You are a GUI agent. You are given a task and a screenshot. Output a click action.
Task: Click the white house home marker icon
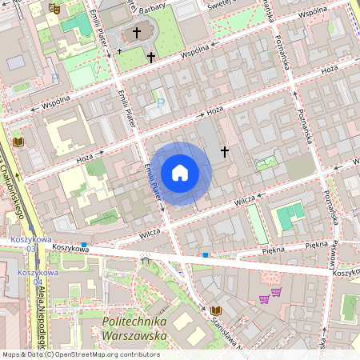pos(180,173)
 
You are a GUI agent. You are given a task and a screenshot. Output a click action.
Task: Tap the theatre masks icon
pos(54,7)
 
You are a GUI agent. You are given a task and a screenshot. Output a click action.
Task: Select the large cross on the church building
pos(137,33)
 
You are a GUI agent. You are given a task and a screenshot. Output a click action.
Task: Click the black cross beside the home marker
pos(225,150)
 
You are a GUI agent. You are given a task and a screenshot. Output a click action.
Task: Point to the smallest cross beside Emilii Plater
pos(120,50)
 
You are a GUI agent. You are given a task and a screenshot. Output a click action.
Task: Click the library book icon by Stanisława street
pos(215,310)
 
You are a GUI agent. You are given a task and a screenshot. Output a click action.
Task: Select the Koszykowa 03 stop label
pos(32,244)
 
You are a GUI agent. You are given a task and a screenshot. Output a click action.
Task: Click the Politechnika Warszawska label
pos(134,328)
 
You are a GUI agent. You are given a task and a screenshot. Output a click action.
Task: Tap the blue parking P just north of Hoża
pos(161,102)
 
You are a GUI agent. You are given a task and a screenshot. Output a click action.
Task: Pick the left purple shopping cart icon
pos(263,299)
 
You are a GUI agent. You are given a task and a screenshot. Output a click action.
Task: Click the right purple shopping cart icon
pos(276,291)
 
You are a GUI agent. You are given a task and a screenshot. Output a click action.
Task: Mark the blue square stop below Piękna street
pos(206,255)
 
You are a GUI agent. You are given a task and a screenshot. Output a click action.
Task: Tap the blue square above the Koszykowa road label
pos(83,244)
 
